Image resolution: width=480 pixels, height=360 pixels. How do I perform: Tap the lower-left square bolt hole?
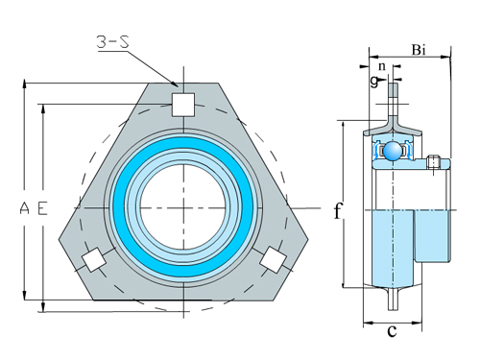94,260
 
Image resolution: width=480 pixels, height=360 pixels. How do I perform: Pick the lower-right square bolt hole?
272,258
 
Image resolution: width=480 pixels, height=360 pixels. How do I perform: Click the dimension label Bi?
420,48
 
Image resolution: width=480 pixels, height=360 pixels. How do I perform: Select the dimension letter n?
383,66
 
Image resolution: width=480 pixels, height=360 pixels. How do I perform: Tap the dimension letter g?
372,81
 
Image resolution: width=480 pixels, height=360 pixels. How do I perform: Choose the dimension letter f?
337,211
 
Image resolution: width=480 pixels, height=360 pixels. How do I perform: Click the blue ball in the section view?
394,152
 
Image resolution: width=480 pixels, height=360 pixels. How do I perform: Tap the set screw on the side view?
437,162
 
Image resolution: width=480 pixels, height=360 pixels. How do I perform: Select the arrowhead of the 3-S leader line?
177,86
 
